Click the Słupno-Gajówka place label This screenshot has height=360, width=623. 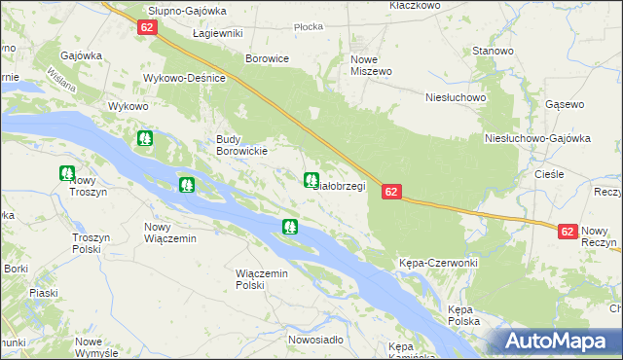pos(187,11)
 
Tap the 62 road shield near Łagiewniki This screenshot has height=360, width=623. pos(147,27)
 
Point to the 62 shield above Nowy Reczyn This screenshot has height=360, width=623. pos(568,232)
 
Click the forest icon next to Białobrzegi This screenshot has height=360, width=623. pos(311,180)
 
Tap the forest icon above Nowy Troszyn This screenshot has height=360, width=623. pos(67,174)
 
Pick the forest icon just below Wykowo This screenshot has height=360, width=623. pos(145,139)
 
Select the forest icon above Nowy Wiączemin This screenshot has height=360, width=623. pos(186,184)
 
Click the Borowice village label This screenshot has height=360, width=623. pos(268,58)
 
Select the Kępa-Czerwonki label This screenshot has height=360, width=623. pos(438,264)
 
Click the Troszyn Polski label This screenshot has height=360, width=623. pos(93,243)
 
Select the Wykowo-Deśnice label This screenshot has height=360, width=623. pos(185,78)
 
